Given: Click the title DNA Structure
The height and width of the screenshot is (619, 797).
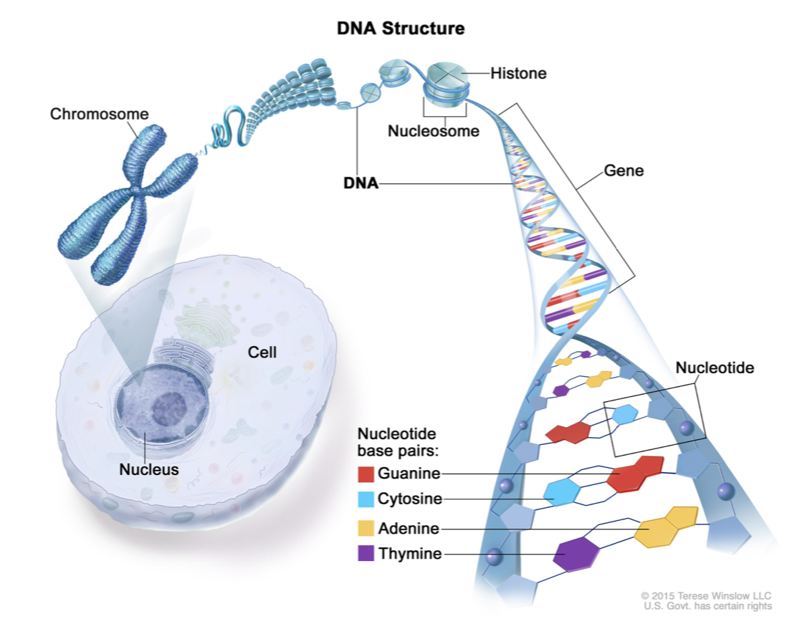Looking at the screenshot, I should [x=401, y=29].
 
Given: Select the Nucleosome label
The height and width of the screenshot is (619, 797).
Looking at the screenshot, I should [x=434, y=131].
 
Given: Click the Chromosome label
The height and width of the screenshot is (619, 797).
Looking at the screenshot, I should [x=100, y=114].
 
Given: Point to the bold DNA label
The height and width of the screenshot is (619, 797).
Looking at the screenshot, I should [x=360, y=183].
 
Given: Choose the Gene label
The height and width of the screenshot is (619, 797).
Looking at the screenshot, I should [x=624, y=171].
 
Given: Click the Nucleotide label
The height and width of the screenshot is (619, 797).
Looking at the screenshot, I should [x=715, y=368].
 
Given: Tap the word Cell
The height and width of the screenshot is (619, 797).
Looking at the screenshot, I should [x=262, y=352].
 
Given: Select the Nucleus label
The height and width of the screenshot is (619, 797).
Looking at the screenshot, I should [x=149, y=470].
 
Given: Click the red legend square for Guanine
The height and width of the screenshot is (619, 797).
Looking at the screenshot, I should [x=366, y=473].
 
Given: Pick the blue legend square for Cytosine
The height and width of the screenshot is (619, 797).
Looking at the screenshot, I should [x=366, y=499].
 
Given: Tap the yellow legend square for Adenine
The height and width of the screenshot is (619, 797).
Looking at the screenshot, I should [x=366, y=529].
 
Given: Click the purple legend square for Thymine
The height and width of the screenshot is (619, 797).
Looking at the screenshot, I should [x=366, y=553].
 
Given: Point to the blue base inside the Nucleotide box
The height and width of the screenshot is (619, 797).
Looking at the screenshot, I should [x=625, y=416].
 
